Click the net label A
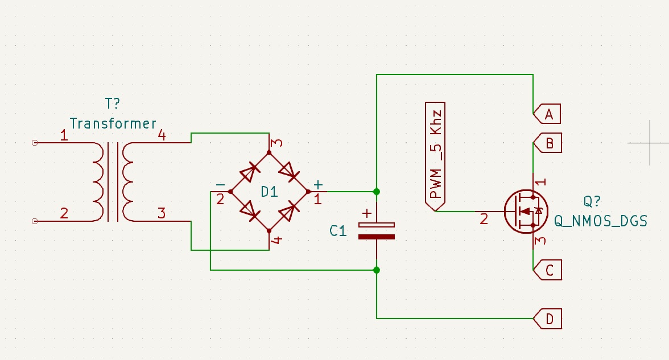[548, 114]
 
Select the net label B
[548, 143]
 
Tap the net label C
[548, 271]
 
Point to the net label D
[548, 319]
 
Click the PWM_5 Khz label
[436, 155]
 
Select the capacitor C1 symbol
[376, 230]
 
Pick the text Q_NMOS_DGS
[601, 221]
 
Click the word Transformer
[113, 123]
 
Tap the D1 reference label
[269, 192]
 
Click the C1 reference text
[338, 231]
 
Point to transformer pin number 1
[64, 136]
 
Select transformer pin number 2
[64, 214]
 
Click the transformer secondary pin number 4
[162, 136]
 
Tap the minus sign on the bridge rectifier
[220, 185]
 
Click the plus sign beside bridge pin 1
[318, 185]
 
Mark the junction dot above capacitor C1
[377, 192]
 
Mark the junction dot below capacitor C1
[377, 270]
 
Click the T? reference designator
[113, 104]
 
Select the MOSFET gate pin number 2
[484, 218]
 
